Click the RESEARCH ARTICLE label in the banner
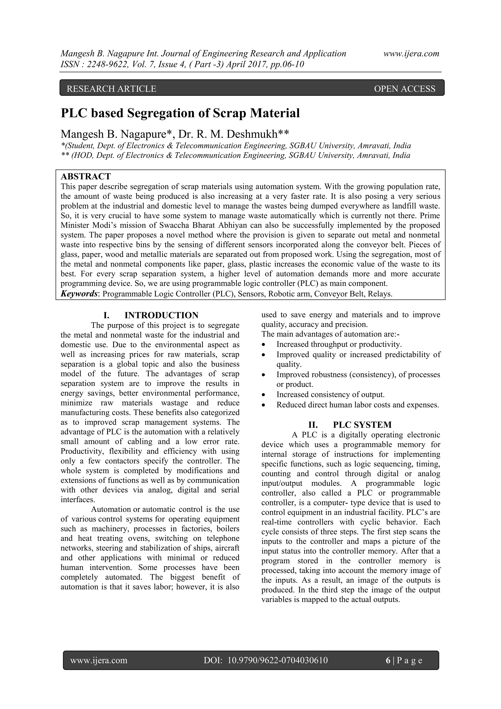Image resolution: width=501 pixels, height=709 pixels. (112, 89)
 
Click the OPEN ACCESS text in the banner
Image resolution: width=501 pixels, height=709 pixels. (404, 89)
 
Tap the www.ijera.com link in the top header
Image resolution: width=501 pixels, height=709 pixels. (411, 54)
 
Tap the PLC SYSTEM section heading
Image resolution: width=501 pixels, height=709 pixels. (362, 425)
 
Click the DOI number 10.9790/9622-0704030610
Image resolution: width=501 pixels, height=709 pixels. (277, 660)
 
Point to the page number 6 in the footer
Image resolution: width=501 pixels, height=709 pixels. (388, 660)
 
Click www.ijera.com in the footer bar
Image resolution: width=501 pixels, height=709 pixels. (99, 660)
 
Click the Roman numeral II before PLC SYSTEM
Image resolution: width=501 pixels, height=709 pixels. (313, 425)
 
